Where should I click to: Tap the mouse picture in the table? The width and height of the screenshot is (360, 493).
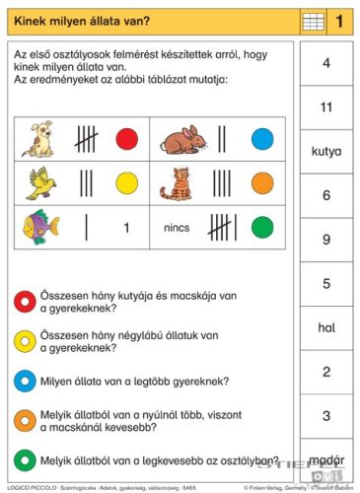184,139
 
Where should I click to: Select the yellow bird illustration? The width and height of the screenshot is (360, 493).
39,182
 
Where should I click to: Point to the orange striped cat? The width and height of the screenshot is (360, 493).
181,183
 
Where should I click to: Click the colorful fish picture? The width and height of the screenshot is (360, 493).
40,227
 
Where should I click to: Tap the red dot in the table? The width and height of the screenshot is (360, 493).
126,139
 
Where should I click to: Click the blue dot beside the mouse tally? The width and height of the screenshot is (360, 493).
261,139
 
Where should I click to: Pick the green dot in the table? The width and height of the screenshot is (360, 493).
261,228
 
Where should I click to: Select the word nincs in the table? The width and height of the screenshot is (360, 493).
177,228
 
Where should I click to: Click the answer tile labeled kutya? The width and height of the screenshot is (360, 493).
325,151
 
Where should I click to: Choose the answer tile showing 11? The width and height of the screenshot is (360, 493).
325,106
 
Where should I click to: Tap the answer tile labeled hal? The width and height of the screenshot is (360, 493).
325,327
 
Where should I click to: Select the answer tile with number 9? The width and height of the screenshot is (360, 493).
325,240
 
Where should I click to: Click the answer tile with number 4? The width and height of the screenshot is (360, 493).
325,62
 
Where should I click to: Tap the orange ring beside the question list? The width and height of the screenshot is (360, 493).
24,419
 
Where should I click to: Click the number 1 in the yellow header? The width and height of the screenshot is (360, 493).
339,20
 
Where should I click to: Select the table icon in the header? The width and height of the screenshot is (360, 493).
313,20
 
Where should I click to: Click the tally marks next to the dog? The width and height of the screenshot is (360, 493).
86,138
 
